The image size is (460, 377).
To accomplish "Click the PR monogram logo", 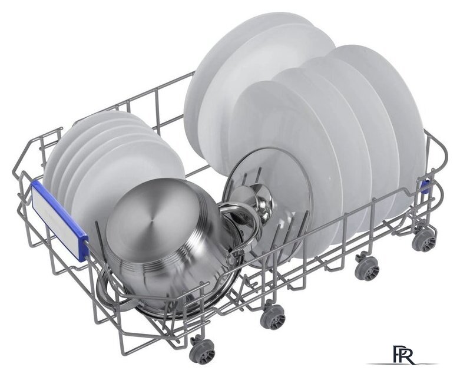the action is pyautogui.click(x=403, y=355).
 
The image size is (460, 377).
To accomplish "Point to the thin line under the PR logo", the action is pyautogui.click(x=402, y=364).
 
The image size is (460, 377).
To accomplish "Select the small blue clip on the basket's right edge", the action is pyautogui.click(x=425, y=186).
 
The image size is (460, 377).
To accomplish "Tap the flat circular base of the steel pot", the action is pyautogui.click(x=153, y=217).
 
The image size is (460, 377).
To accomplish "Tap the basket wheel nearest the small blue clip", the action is pyautogui.click(x=423, y=239).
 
